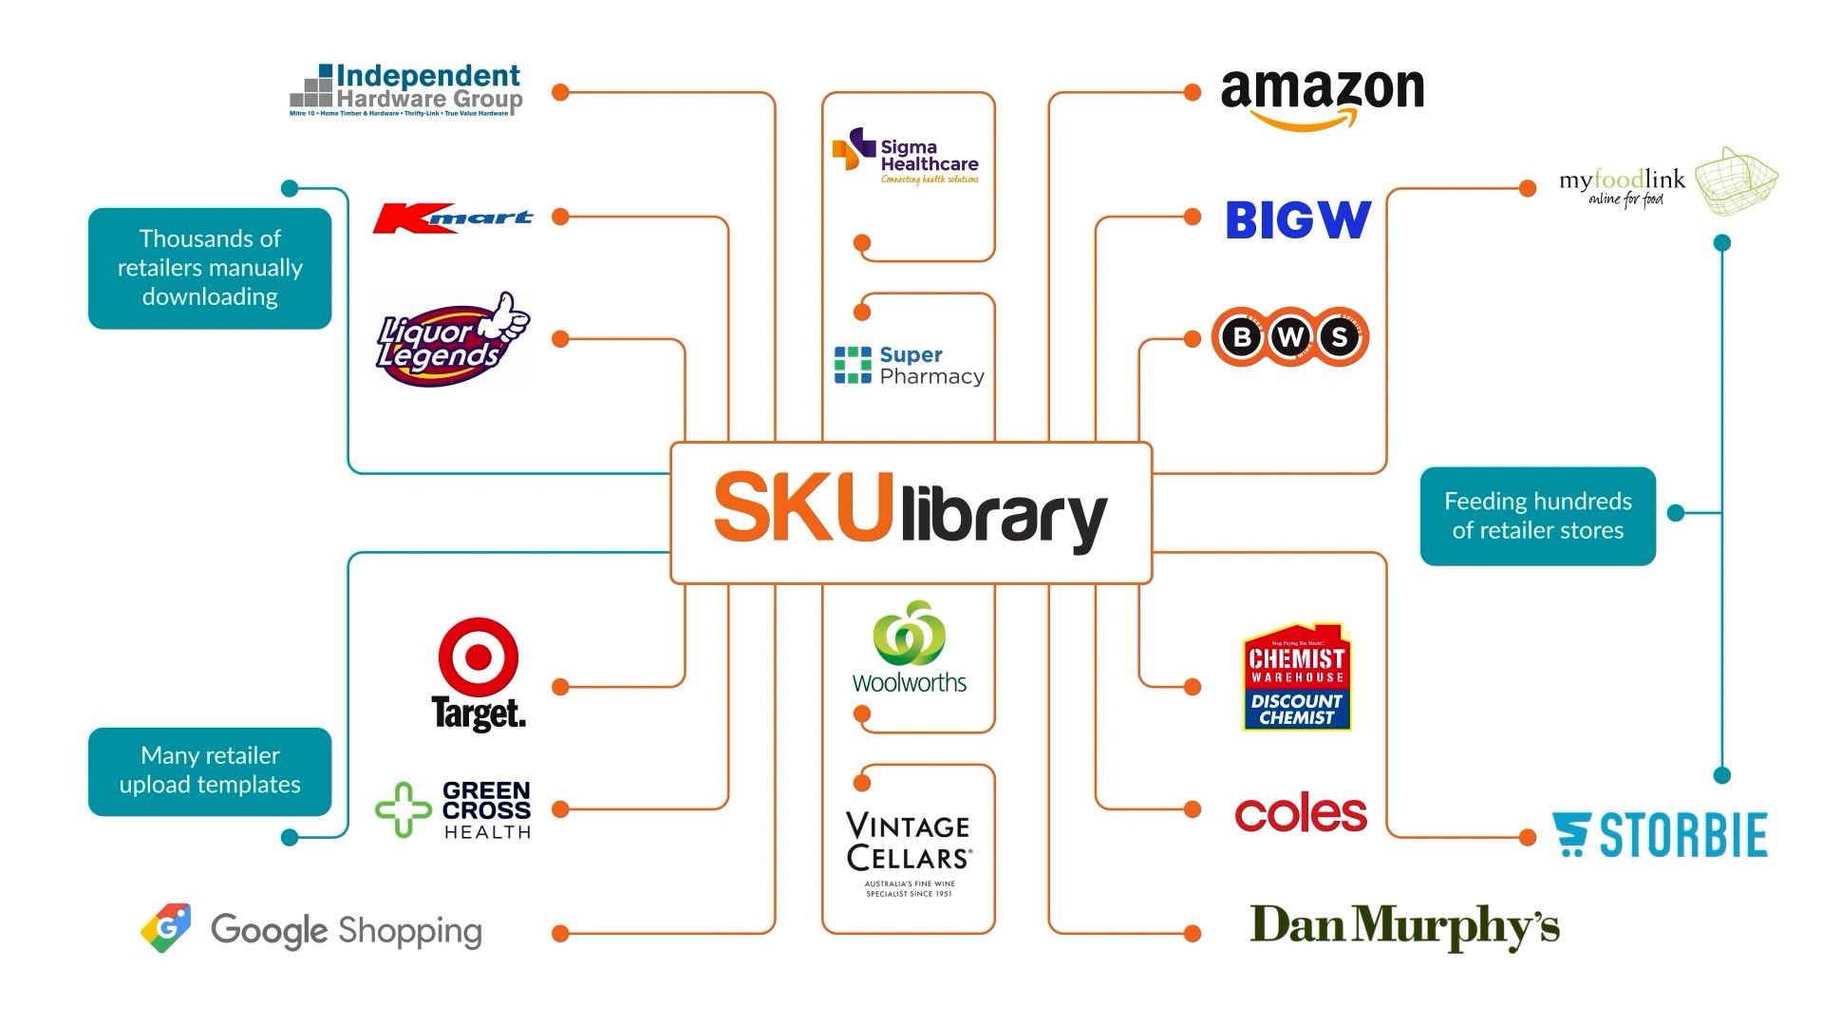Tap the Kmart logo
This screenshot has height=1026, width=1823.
click(x=453, y=218)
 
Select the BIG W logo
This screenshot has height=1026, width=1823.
click(x=1298, y=219)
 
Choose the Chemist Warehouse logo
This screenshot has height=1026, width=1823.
click(x=1297, y=677)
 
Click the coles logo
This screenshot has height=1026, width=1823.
click(x=1301, y=814)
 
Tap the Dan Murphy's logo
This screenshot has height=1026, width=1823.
click(x=1404, y=926)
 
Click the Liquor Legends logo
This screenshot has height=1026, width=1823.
click(x=452, y=339)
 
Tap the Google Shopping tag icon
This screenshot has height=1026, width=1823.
click(x=166, y=928)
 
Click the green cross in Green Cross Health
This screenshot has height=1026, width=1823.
click(x=404, y=809)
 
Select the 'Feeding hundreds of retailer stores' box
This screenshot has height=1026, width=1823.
click(x=1537, y=516)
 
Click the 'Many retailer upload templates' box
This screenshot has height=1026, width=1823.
click(x=210, y=770)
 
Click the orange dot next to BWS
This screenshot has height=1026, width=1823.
click(x=1193, y=339)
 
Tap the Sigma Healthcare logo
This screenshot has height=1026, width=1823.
click(x=907, y=157)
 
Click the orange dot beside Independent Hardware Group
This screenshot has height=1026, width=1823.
click(x=560, y=93)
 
